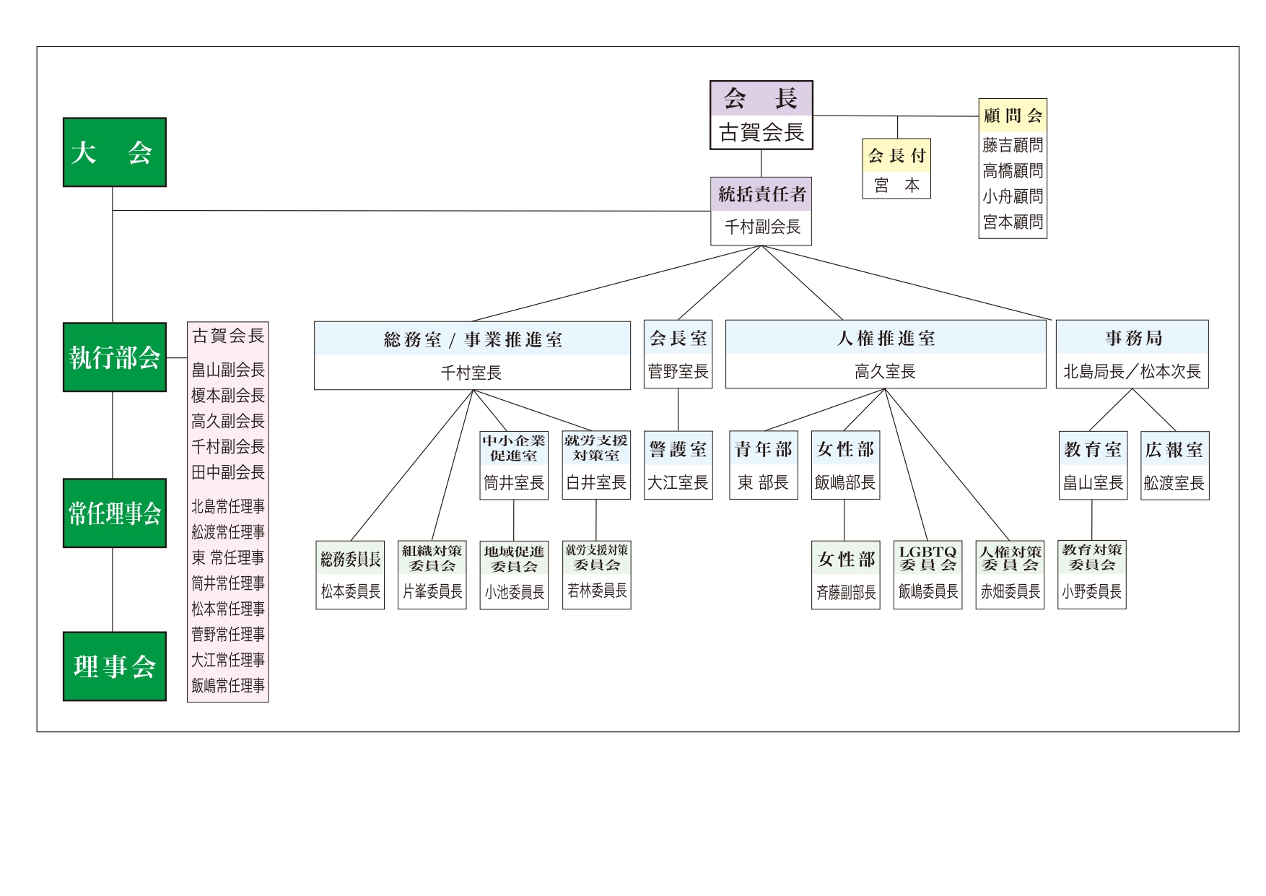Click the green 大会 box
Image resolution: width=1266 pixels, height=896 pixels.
click(x=114, y=152)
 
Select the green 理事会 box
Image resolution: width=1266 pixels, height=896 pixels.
click(x=114, y=666)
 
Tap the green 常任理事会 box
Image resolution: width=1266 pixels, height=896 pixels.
click(x=114, y=513)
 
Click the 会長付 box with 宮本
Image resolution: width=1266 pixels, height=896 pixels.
click(x=896, y=168)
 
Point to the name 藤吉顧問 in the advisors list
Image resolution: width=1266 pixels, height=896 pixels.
click(x=1013, y=145)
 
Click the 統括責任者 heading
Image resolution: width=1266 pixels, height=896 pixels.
click(x=761, y=194)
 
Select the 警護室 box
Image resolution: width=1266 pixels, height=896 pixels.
click(x=678, y=465)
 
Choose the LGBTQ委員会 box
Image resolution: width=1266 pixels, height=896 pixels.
click(x=927, y=575)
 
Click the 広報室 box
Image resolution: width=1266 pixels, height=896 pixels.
click(x=1174, y=465)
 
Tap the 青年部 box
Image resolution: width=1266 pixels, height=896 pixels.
click(x=763, y=465)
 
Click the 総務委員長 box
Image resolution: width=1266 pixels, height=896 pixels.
click(x=350, y=575)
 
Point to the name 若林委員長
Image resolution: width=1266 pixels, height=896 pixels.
click(x=596, y=591)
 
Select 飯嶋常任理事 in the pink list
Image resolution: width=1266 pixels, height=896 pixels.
click(x=228, y=685)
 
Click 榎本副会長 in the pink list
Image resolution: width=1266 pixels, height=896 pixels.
click(x=228, y=396)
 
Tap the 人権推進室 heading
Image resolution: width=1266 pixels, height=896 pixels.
click(x=885, y=338)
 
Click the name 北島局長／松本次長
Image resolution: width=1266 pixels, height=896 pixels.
click(x=1132, y=372)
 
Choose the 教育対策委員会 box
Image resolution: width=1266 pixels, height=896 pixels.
click(x=1091, y=575)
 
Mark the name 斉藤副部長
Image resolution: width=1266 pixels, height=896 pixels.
click(x=845, y=593)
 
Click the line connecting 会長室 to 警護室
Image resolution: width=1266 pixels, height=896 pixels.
click(x=678, y=410)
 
